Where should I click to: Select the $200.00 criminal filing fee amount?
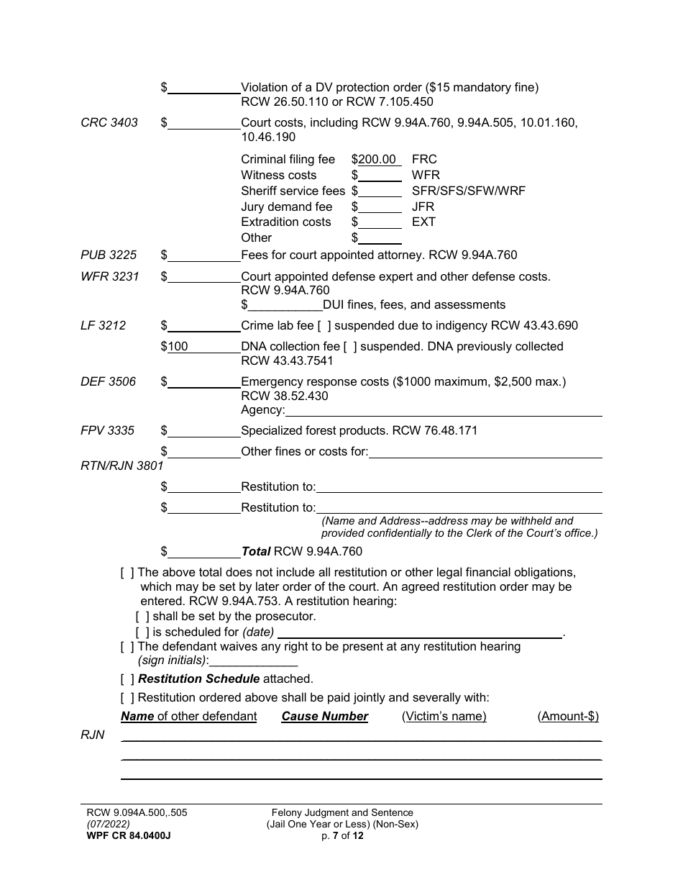tap(377, 159)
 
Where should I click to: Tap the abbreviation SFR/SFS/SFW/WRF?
tap(468, 191)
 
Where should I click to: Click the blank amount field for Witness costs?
tap(380, 176)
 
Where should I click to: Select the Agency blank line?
tap(443, 410)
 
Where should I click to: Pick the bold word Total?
tap(255, 552)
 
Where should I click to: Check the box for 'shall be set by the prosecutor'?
tap(143, 617)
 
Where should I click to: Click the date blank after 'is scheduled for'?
tap(419, 632)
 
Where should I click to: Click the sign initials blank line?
tap(253, 661)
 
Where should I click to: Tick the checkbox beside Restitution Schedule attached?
tap(128, 678)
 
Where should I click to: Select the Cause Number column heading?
tap(324, 717)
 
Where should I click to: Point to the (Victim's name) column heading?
tap(444, 717)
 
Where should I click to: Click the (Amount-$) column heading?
tap(567, 717)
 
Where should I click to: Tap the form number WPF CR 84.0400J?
tap(129, 835)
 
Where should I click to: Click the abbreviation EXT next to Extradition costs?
tap(423, 222)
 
